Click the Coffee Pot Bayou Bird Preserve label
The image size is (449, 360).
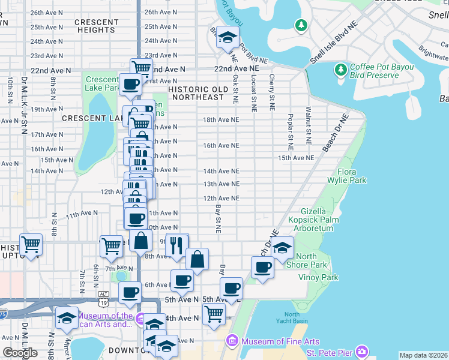pyautogui.click(x=375, y=71)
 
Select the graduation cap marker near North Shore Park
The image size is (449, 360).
pyautogui.click(x=282, y=247)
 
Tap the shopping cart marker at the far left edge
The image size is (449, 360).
pyautogui.click(x=31, y=244)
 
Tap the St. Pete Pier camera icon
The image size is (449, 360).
pyautogui.click(x=361, y=351)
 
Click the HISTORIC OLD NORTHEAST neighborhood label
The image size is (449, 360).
pyautogui.click(x=197, y=93)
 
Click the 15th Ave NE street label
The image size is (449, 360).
pyautogui.click(x=296, y=158)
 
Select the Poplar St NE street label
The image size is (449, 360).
pyautogui.click(x=290, y=131)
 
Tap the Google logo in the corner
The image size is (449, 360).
pyautogui.click(x=20, y=352)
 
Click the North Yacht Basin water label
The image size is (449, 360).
pyautogui.click(x=292, y=317)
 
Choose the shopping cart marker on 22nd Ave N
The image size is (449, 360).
pyautogui.click(x=141, y=68)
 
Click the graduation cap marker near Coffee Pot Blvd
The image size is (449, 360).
pyautogui.click(x=228, y=38)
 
